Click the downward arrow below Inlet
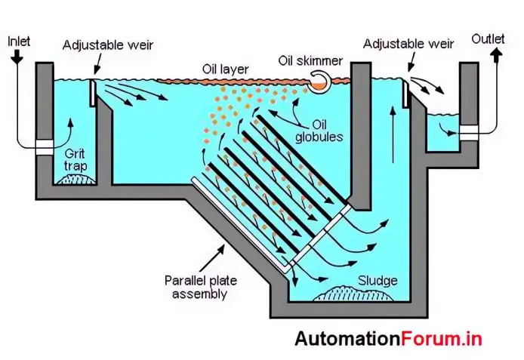pos(15,59)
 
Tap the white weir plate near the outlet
pos(405,96)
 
